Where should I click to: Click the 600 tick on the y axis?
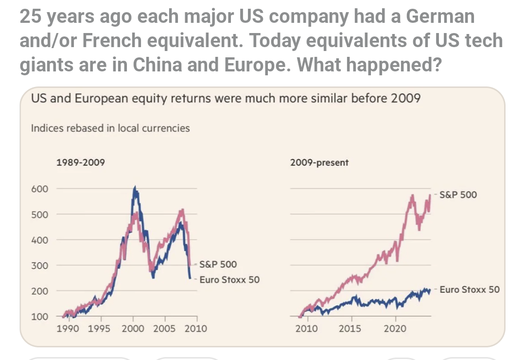click(x=40, y=189)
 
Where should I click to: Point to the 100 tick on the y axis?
click(x=40, y=317)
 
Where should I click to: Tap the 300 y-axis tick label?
click(x=40, y=265)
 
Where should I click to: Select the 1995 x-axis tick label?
click(x=99, y=329)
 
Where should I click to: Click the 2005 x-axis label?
click(x=164, y=329)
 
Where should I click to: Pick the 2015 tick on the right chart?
click(x=350, y=329)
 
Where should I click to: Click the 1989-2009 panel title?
click(x=81, y=163)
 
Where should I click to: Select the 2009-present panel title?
click(x=319, y=163)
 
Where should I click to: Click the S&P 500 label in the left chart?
click(x=218, y=265)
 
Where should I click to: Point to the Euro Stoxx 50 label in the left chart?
click(x=229, y=280)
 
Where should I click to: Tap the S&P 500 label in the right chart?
click(x=458, y=195)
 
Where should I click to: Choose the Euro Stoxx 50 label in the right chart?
click(x=470, y=290)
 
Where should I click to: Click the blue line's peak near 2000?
click(x=135, y=187)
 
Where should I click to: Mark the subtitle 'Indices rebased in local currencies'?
click(x=110, y=128)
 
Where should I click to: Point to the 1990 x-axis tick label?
click(x=69, y=329)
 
